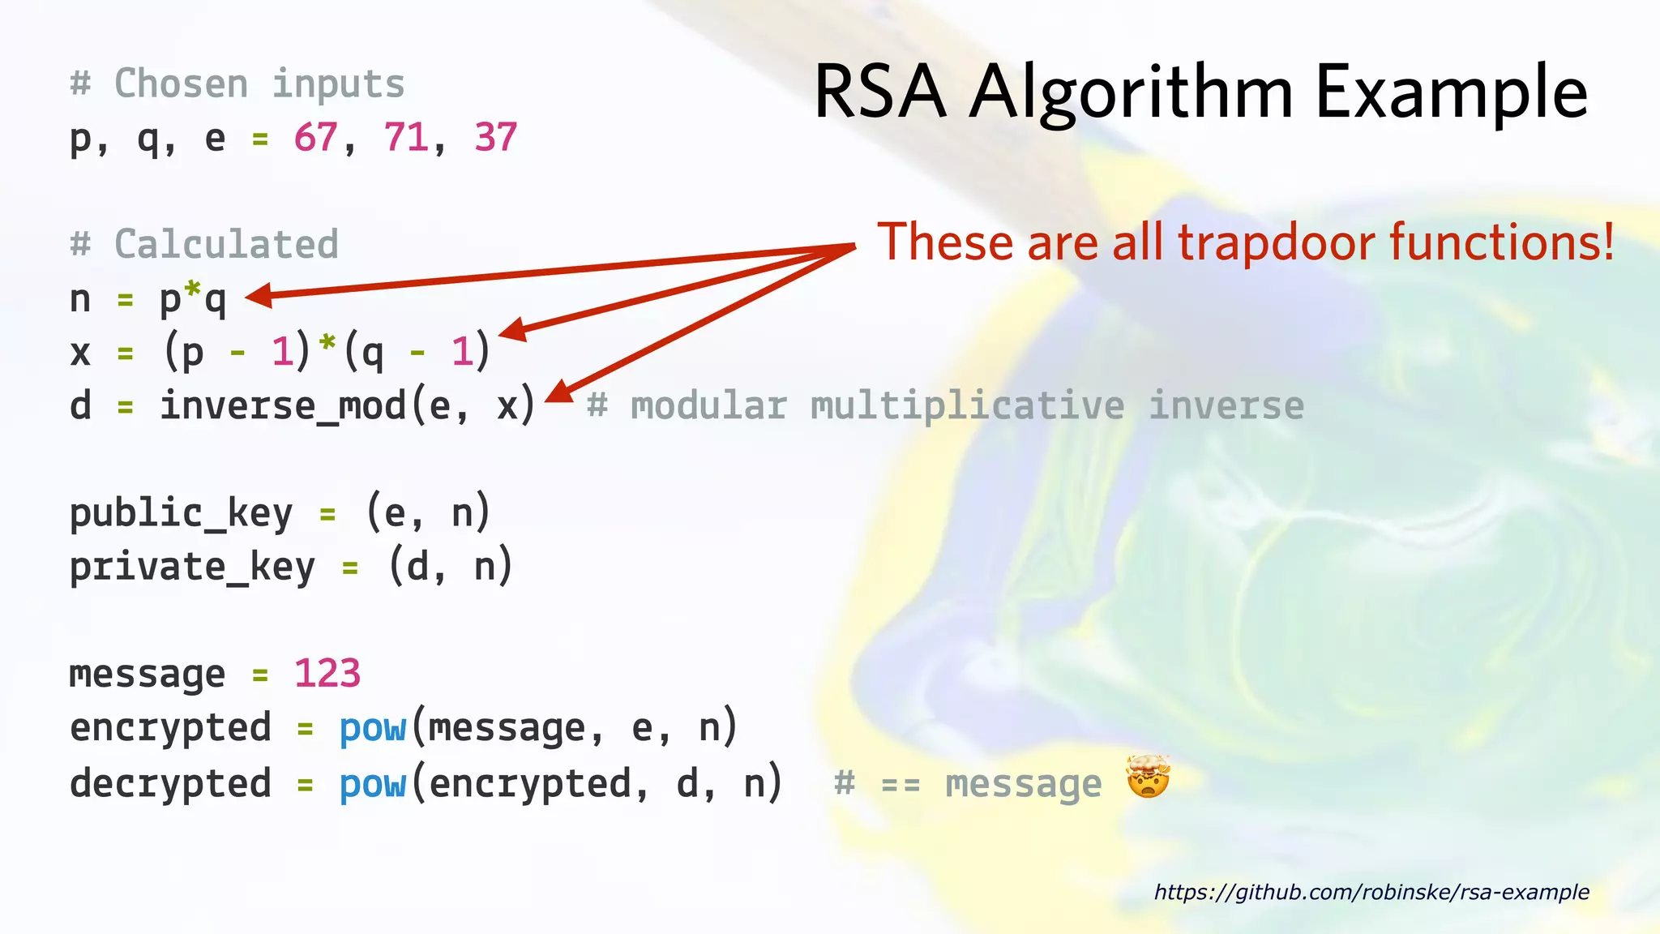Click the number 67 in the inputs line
[x=315, y=138]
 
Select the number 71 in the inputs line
[x=405, y=138]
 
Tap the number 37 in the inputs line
[x=495, y=138]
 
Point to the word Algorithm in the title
[x=1132, y=94]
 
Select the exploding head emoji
[x=1148, y=778]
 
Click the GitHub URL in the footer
[x=1371, y=892]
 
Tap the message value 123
[x=327, y=674]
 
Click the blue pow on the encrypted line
[x=372, y=727]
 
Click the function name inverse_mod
[x=282, y=405]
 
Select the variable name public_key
[x=181, y=513]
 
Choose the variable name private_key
[x=192, y=567]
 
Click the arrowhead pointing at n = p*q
[x=258, y=296]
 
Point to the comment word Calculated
[x=226, y=244]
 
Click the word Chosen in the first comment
[x=181, y=84]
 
